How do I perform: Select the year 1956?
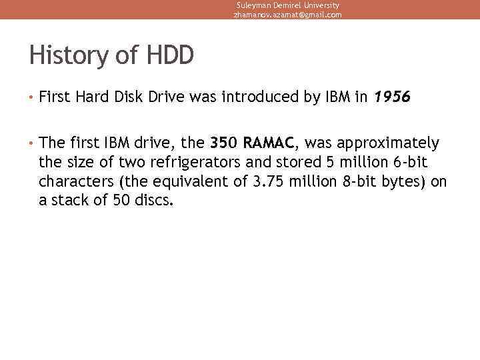(392, 97)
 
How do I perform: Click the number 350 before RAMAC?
(223, 143)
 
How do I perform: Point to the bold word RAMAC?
(268, 143)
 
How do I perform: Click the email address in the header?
(287, 15)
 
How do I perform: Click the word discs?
(155, 201)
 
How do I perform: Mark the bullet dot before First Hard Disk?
(31, 98)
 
